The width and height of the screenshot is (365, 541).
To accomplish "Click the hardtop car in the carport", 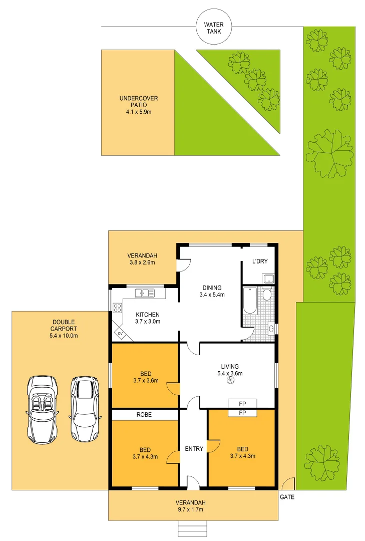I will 84,409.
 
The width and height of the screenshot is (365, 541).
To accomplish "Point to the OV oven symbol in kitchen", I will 120,333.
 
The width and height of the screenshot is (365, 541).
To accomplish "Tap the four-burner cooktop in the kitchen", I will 118,308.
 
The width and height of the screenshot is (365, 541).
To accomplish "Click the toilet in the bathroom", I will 267,294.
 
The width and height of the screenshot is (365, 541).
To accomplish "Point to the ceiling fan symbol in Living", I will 230,381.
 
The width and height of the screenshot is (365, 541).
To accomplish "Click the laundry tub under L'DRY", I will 268,279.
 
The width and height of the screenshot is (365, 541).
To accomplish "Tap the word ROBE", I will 143,415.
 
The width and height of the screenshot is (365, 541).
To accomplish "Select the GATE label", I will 287,497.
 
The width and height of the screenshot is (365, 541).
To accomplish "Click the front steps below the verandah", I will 193,528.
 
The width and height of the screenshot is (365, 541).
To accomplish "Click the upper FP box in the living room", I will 242,403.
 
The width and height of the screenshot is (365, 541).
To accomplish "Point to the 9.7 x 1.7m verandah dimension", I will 193,509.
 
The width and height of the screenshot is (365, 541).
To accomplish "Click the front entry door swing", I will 193,482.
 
